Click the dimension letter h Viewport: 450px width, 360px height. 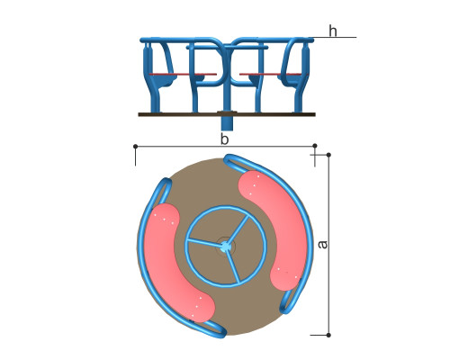pyautogui.click(x=333, y=31)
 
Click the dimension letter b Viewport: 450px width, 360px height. pyautogui.click(x=224, y=139)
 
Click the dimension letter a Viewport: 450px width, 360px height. pyautogui.click(x=322, y=245)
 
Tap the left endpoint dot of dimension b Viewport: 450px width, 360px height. pyautogui.click(x=136, y=146)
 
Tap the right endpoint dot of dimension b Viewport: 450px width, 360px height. pyautogui.click(x=315, y=146)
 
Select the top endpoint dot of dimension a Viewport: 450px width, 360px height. pyautogui.click(x=328, y=155)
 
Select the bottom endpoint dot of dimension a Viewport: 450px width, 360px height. pyautogui.click(x=328, y=335)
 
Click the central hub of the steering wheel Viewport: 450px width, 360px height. pyautogui.click(x=226, y=247)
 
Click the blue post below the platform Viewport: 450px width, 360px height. pyautogui.click(x=227, y=123)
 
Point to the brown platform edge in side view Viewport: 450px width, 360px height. pyautogui.click(x=227, y=114)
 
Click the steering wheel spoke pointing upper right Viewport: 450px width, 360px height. pyautogui.click(x=238, y=229)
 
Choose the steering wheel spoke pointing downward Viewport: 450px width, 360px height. pyautogui.click(x=233, y=266)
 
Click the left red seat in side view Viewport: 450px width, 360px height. pyautogui.click(x=183, y=74)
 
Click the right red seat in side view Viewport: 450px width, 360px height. pyautogui.click(x=269, y=74)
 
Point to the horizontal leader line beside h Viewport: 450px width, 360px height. pyautogui.click(x=335, y=38)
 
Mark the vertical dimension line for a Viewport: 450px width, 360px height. pyautogui.click(x=328, y=245)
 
